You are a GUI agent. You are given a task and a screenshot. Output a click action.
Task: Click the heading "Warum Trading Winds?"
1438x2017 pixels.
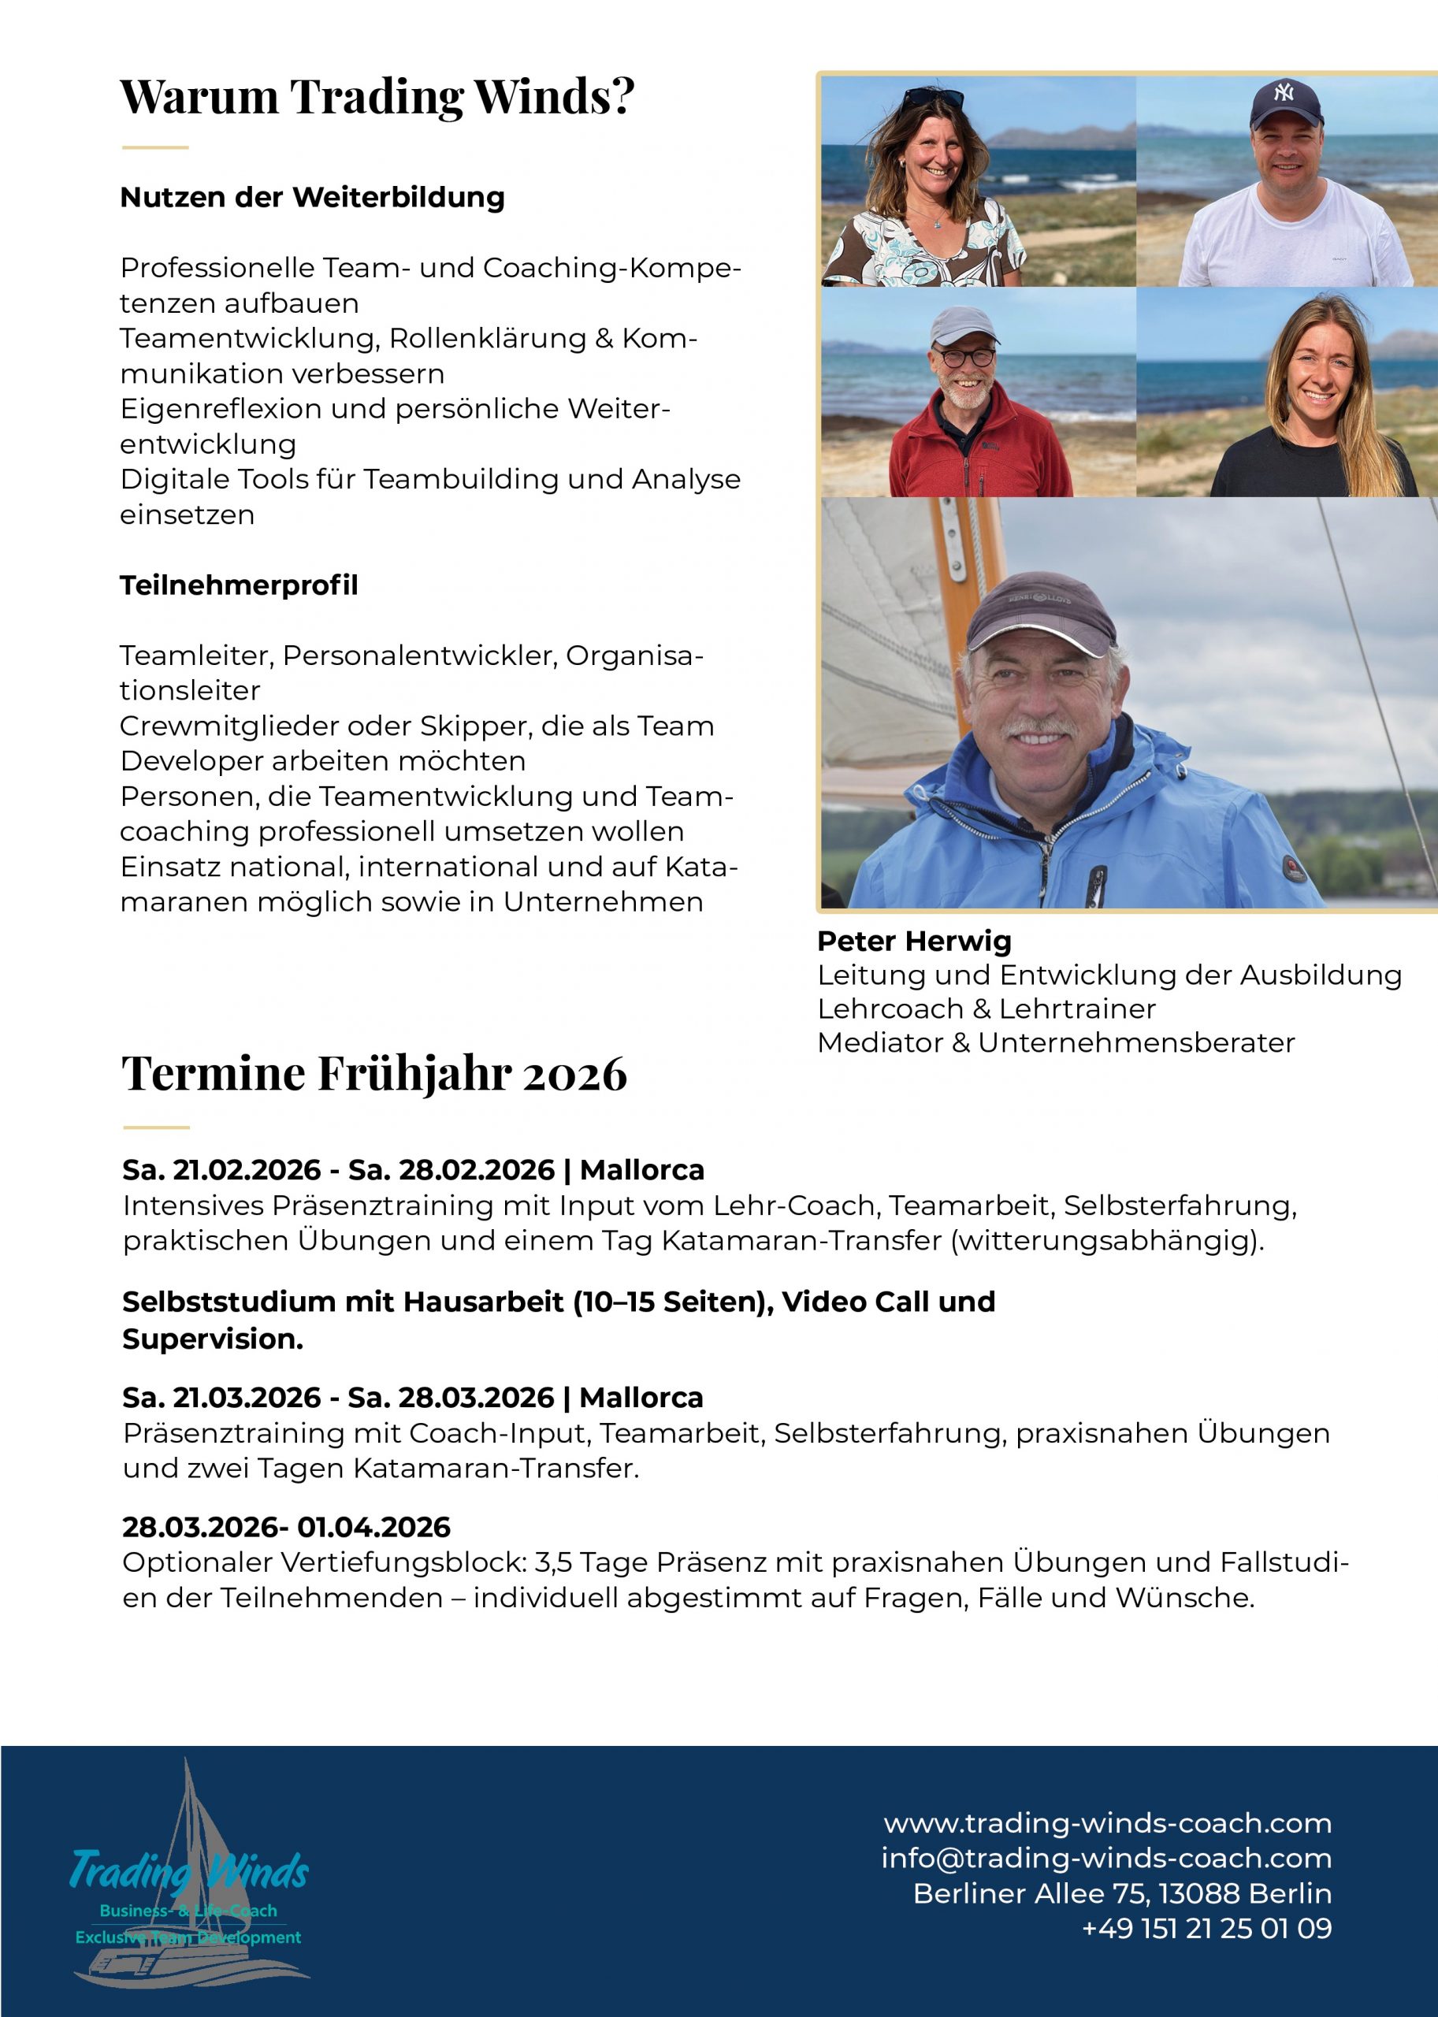[377, 95]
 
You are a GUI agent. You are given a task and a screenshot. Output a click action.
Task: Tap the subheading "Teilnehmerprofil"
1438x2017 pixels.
[239, 585]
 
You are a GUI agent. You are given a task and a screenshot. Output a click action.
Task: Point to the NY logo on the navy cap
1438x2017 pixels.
[1284, 91]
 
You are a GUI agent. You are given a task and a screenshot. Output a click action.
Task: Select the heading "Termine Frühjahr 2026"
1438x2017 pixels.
[374, 1073]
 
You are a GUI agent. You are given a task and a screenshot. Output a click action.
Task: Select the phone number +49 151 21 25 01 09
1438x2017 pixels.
[1207, 1929]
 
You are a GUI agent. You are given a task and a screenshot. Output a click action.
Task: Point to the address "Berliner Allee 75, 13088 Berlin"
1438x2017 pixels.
[1122, 1893]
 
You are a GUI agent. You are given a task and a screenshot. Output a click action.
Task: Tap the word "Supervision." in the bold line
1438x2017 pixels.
[213, 1339]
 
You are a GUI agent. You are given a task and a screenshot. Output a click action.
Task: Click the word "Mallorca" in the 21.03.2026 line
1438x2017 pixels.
[641, 1397]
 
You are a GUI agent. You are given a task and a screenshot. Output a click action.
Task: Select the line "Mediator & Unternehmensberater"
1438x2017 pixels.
[1056, 1042]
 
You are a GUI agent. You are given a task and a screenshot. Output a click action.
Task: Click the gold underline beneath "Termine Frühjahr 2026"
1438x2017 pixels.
[156, 1128]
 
